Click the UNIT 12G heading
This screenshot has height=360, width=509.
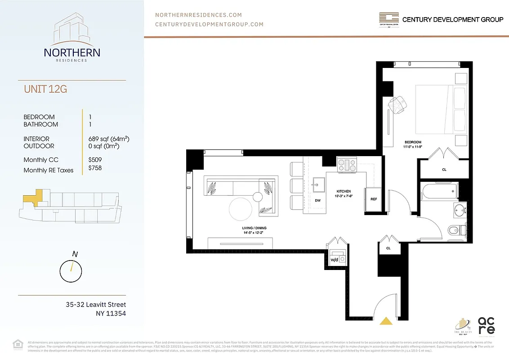click(x=45, y=89)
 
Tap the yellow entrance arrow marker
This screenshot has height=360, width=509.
click(x=385, y=321)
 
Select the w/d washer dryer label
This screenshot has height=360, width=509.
click(x=334, y=260)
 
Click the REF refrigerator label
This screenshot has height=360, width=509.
click(x=373, y=199)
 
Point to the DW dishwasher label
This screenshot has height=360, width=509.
click(x=317, y=200)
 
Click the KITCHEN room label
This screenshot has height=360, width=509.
click(x=344, y=191)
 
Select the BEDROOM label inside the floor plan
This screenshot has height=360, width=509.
click(x=412, y=142)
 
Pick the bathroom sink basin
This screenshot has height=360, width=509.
click(x=459, y=210)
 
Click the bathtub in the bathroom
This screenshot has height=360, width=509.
click(x=439, y=191)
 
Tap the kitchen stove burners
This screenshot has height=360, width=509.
click(x=346, y=163)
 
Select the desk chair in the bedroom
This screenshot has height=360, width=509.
click(x=398, y=105)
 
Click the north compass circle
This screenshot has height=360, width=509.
click(x=71, y=271)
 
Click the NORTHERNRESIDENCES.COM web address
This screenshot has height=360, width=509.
click(x=198, y=15)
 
